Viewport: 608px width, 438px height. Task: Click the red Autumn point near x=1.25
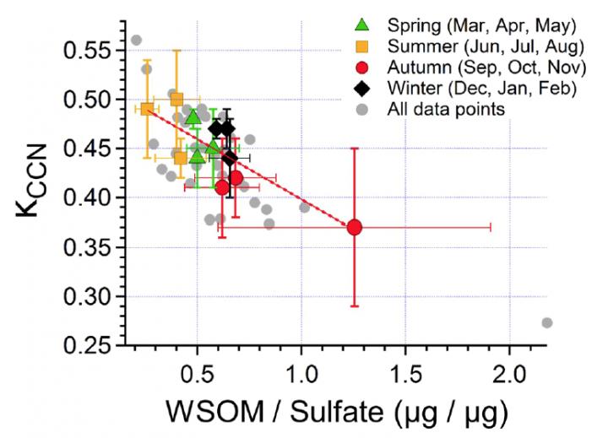(x=355, y=227)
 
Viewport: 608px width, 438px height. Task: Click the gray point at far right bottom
(x=546, y=322)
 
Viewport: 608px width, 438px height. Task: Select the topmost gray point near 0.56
(x=136, y=40)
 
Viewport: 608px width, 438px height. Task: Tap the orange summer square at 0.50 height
(x=176, y=99)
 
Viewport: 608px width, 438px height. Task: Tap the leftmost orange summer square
(x=147, y=109)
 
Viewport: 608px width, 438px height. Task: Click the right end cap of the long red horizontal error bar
(x=491, y=227)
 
